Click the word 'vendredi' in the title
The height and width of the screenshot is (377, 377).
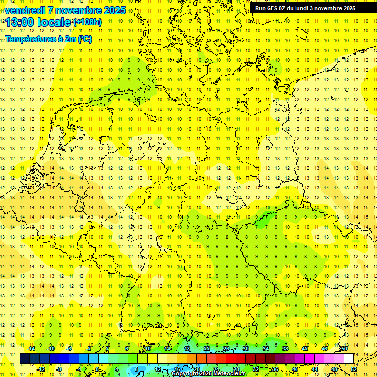(x=25, y=10)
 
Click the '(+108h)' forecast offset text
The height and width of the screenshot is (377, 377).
(x=87, y=22)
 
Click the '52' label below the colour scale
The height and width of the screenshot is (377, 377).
(x=354, y=369)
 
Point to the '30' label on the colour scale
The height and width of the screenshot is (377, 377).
(x=245, y=349)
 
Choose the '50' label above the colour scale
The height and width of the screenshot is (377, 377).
(x=344, y=349)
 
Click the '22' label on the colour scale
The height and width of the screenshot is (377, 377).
(x=207, y=349)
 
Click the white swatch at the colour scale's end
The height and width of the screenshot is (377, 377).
(x=349, y=359)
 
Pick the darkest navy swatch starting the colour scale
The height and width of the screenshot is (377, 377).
(x=25, y=359)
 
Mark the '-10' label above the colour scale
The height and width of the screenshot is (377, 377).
(x=50, y=349)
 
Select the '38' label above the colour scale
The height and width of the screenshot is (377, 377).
(x=285, y=349)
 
